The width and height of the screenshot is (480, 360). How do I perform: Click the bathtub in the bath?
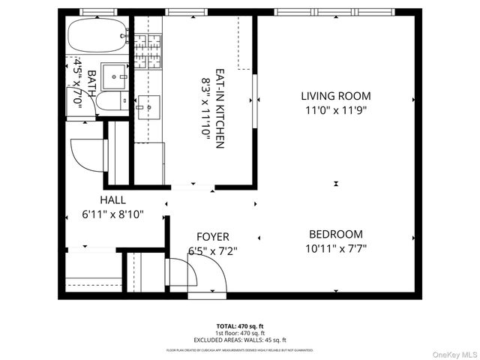click(x=95, y=34)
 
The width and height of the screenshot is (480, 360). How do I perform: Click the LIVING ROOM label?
click(x=335, y=96)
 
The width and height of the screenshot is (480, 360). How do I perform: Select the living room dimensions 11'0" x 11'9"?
click(x=335, y=109)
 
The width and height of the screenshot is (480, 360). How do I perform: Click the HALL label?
click(x=112, y=200)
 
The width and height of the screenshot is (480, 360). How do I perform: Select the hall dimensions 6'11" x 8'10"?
click(x=112, y=214)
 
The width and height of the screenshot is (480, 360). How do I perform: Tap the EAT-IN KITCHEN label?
click(x=220, y=109)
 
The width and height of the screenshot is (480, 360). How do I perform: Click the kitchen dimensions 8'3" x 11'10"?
click(x=205, y=109)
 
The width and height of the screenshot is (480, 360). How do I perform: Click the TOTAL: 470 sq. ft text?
click(x=240, y=325)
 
